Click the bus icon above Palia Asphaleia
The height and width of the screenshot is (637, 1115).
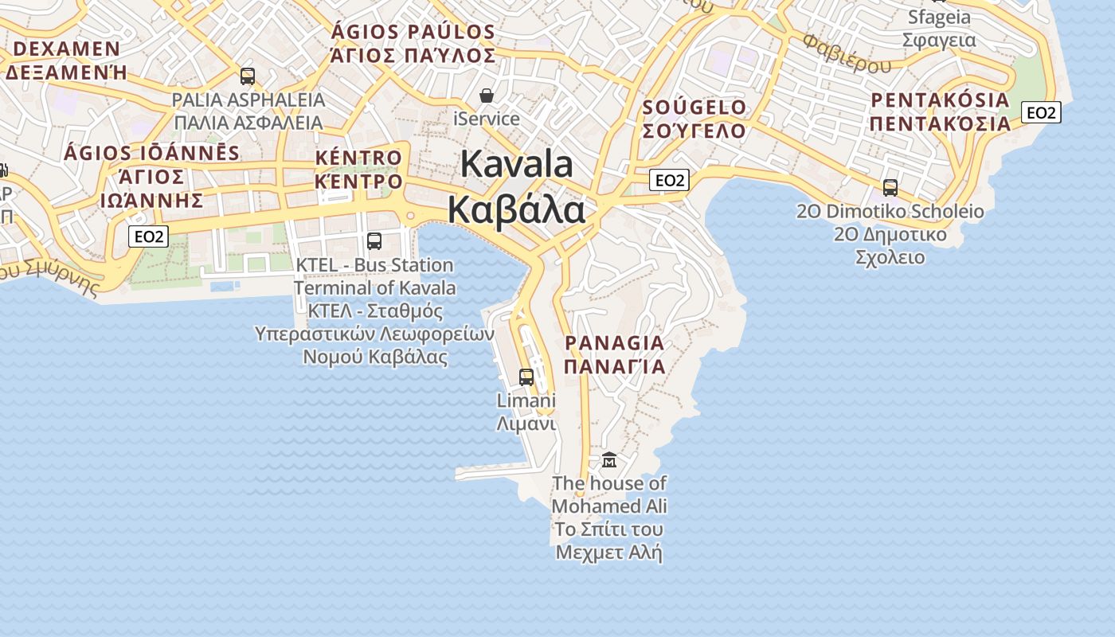pos(248,76)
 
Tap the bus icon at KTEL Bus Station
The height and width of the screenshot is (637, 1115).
pos(374,240)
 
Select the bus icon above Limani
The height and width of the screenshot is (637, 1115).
pos(526,377)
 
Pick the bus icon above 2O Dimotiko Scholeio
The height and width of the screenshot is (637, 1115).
pos(890,187)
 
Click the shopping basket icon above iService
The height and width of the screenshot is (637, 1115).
pos(487,96)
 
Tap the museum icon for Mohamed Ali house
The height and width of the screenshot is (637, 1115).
pos(609,459)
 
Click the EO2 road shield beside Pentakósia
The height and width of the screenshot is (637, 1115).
pos(1041,113)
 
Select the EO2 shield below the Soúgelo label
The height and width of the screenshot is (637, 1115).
pos(669,180)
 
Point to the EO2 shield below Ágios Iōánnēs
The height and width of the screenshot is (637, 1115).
pos(149,236)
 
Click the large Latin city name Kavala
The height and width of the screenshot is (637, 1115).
pos(517,164)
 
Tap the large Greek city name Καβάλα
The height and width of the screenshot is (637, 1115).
pos(516,209)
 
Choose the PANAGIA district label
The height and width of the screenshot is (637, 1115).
pos(614,343)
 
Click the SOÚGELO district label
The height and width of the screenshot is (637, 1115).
pos(694,107)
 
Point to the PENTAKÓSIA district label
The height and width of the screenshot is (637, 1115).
pos(940,100)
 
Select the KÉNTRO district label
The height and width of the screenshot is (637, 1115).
pos(358,158)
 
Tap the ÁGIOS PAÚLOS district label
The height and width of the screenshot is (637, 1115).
pos(413,33)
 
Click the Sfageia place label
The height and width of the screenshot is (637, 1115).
pos(940,18)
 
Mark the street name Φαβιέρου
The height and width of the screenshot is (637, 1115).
pos(847,53)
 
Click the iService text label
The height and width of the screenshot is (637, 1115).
pos(487,119)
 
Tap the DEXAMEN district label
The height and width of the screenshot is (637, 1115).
pos(67,49)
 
